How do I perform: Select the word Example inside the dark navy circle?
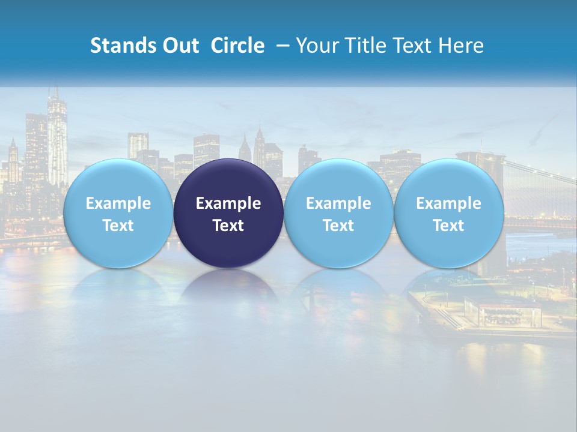coord(228,203)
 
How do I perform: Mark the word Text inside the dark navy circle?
coord(228,226)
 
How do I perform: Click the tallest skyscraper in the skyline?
coord(57,138)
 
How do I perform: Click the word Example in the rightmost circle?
coord(448,203)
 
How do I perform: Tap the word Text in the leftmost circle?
coord(118,226)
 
